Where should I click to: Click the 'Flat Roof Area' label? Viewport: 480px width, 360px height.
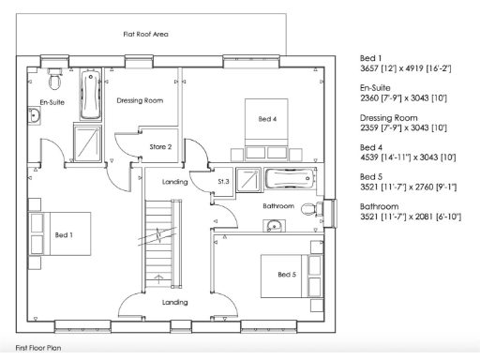pos(145,34)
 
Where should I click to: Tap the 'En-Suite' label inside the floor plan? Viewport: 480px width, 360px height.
pos(52,100)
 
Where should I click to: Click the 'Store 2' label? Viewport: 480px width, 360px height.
pos(160,146)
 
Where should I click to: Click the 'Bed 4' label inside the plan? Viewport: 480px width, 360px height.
pos(268,119)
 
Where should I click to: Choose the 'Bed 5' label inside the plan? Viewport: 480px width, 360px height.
pos(287,274)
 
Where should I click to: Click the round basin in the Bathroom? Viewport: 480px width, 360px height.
pos(273,226)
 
